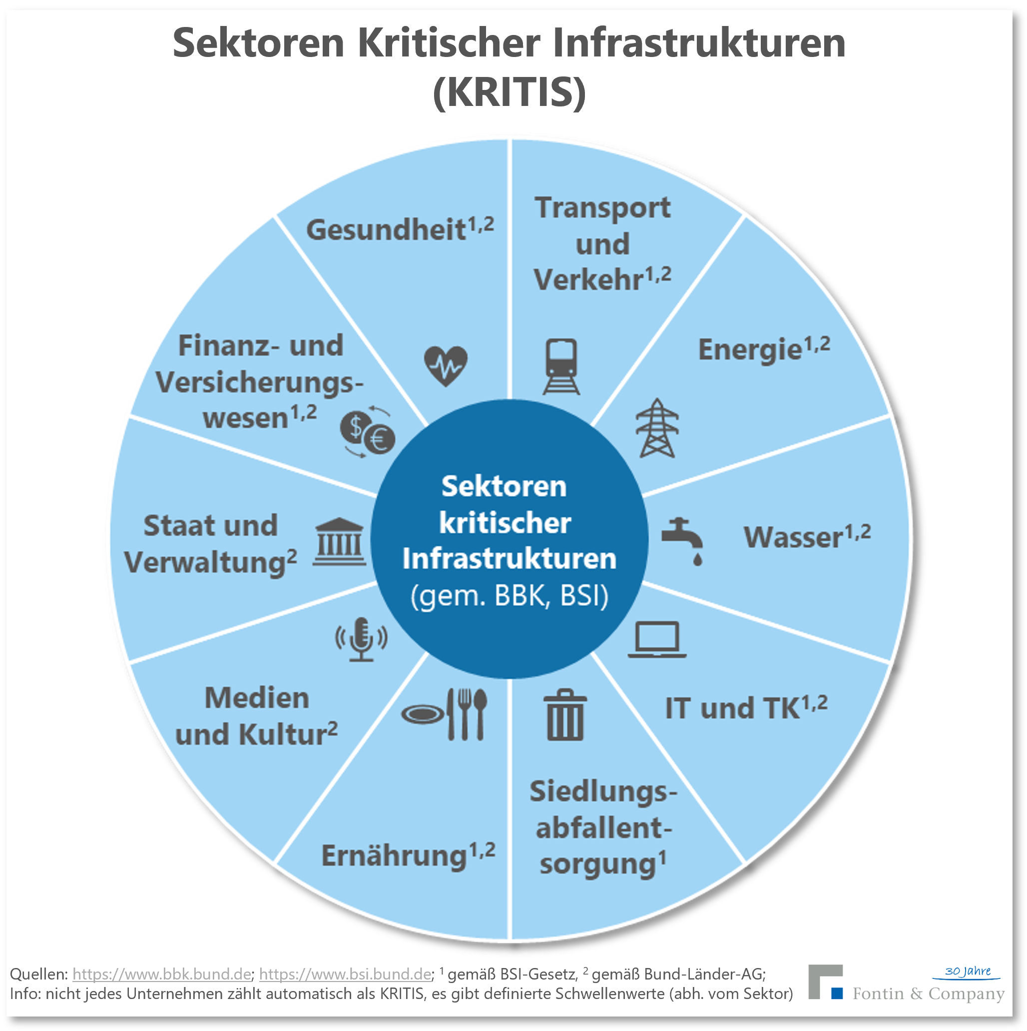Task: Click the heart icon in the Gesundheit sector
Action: click(446, 365)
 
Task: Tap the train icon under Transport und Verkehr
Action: click(561, 366)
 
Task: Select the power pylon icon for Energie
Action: click(657, 428)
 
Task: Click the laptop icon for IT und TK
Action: click(657, 639)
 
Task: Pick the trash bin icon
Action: click(565, 715)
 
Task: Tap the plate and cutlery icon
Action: click(445, 714)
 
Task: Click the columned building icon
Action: click(339, 542)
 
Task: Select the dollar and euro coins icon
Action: click(368, 432)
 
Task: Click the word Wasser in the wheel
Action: click(793, 537)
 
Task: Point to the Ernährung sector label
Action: click(395, 857)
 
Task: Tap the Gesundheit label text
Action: click(386, 230)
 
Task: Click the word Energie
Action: click(750, 350)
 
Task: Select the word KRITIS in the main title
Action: click(510, 92)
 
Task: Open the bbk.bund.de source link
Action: click(162, 974)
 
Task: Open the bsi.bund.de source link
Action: click(345, 974)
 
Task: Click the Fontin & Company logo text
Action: click(928, 994)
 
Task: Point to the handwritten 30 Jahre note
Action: click(967, 971)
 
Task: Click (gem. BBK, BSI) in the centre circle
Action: click(510, 596)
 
